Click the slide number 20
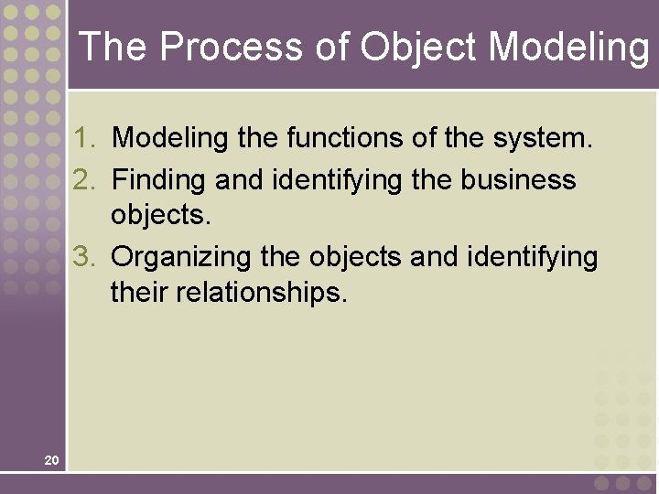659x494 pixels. (x=51, y=459)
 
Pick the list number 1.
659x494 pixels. (x=85, y=139)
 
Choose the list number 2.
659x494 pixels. (x=85, y=179)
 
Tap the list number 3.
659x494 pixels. (x=85, y=257)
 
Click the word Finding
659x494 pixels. (x=159, y=180)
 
